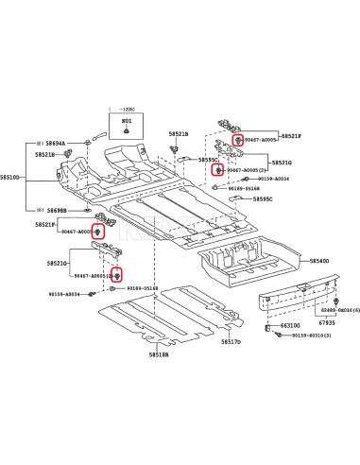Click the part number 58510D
[10, 176]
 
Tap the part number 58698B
[55, 209]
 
